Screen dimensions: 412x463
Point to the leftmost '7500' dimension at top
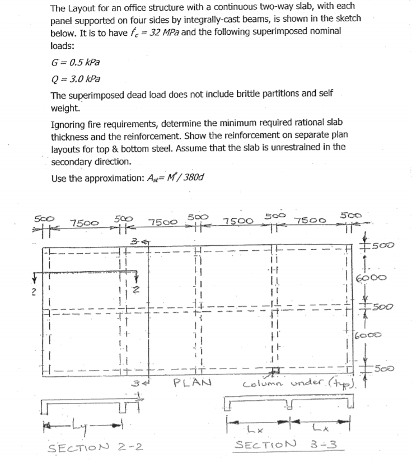pyautogui.click(x=81, y=224)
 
